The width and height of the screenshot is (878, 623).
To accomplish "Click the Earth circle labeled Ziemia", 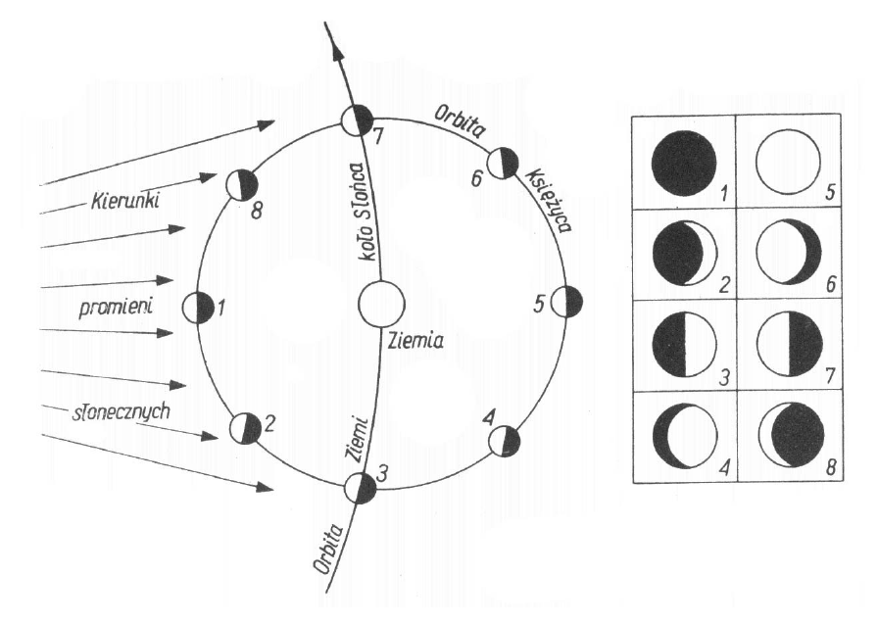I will coord(379,303).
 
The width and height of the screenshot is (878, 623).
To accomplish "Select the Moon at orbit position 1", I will coord(198,308).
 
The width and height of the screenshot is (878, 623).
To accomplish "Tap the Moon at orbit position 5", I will coord(566,302).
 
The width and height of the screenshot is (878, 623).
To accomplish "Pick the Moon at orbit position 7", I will coord(357,121).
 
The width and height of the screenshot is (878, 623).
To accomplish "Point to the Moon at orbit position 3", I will coord(361,487).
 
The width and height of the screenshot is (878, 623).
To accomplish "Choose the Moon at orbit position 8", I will coord(241,183).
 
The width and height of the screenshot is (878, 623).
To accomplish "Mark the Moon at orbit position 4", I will coord(504,441).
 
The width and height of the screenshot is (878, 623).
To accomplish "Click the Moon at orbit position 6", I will coord(503,163).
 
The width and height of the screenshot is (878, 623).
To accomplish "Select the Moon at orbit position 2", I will coord(245,428).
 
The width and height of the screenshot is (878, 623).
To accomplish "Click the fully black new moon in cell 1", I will coord(684,163).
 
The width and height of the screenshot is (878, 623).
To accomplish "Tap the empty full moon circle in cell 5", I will coord(788,163).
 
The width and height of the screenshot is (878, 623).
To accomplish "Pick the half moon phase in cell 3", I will coord(684,348).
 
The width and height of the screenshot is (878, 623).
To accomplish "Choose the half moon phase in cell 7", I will coord(789,348).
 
